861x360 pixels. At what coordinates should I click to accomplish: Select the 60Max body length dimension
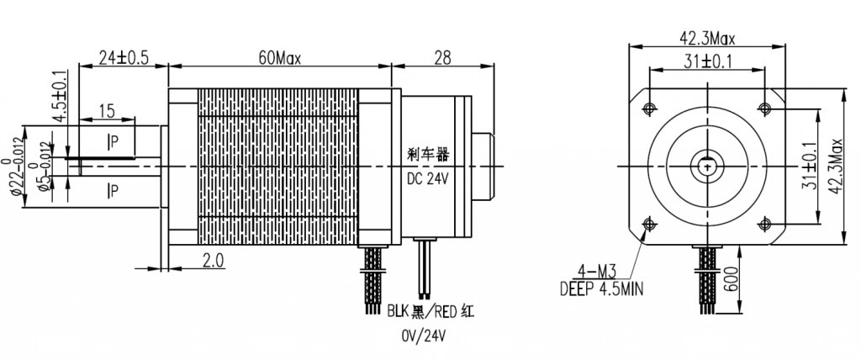[x=279, y=58]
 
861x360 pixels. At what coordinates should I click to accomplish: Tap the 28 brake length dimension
[x=443, y=58]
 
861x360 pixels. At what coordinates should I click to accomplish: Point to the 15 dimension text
[x=106, y=111]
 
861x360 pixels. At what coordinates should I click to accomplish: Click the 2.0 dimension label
[x=212, y=261]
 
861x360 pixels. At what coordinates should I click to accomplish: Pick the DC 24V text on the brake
[x=430, y=178]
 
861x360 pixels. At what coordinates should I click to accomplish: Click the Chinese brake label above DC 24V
[x=429, y=156]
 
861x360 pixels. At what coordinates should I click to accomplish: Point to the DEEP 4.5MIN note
[x=602, y=289]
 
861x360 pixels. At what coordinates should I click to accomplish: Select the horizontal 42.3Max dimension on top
[x=707, y=38]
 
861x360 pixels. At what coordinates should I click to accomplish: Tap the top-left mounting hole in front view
[x=648, y=108]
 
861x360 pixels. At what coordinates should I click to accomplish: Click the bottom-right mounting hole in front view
[x=764, y=223]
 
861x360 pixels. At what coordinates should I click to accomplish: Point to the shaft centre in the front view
[x=706, y=165]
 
